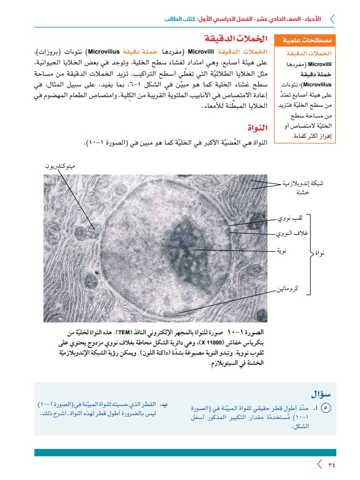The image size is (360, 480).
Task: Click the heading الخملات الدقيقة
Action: pos(234,39)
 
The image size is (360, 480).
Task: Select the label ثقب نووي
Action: pos(293,217)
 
